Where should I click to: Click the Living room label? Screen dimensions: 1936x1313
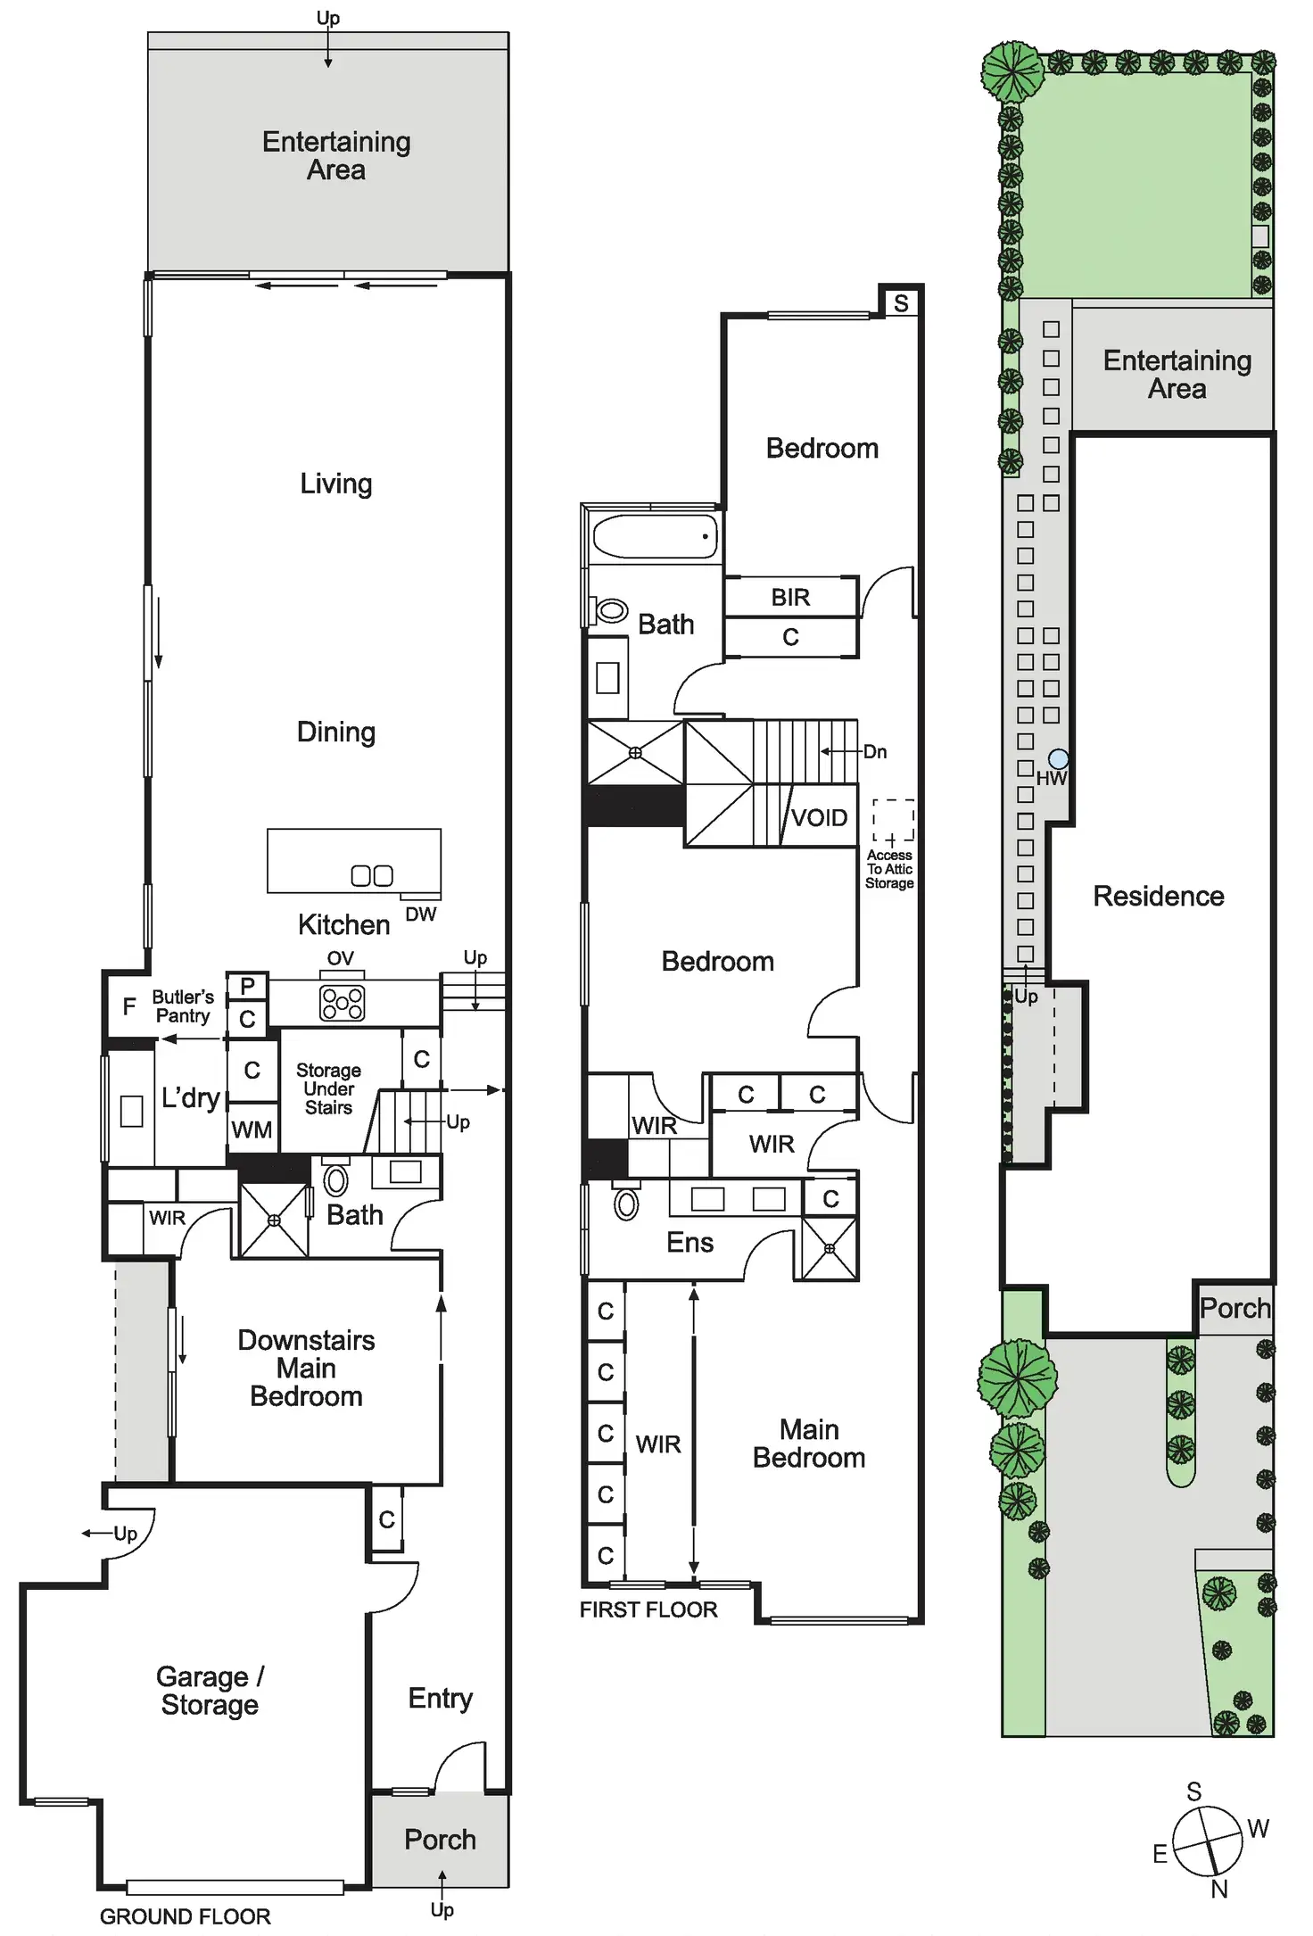coord(335,484)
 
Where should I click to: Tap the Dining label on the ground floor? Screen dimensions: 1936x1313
coord(335,732)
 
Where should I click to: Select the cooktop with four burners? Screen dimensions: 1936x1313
coord(342,1002)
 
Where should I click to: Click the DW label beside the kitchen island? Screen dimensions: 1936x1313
coord(420,914)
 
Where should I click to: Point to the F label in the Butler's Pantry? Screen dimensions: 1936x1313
coord(129,1006)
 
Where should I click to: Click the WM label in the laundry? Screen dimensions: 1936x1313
coord(252,1129)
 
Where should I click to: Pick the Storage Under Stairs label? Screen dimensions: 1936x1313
coord(328,1088)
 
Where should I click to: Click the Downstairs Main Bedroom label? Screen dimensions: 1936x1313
coord(306,1368)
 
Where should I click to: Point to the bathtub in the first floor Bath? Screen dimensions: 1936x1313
coord(656,536)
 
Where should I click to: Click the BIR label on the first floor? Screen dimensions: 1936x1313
coord(790,597)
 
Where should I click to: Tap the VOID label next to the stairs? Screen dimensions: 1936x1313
coord(819,817)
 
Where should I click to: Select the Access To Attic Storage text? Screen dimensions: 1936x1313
coord(889,869)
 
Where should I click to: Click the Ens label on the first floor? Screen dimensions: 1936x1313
coord(690,1242)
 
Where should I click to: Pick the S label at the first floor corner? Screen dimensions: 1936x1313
coord(901,303)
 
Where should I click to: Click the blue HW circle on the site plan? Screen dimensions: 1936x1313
coord(1058,759)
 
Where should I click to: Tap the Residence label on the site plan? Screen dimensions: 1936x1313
coord(1158,896)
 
